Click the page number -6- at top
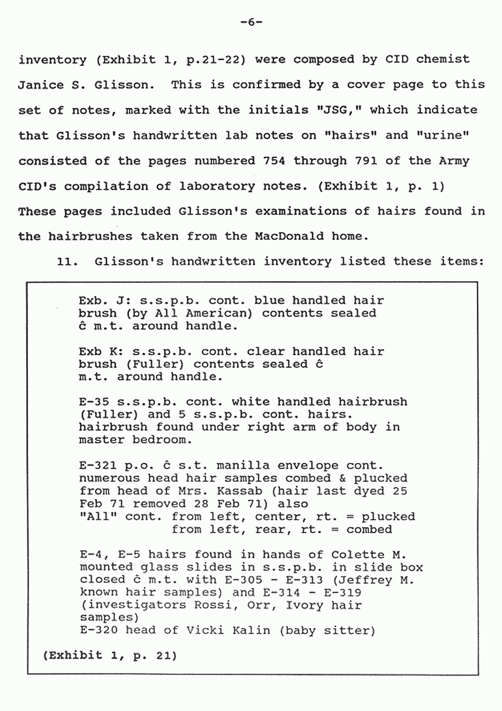[x=251, y=22]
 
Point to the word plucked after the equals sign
[x=388, y=516]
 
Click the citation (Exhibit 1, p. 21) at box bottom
[x=110, y=655]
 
